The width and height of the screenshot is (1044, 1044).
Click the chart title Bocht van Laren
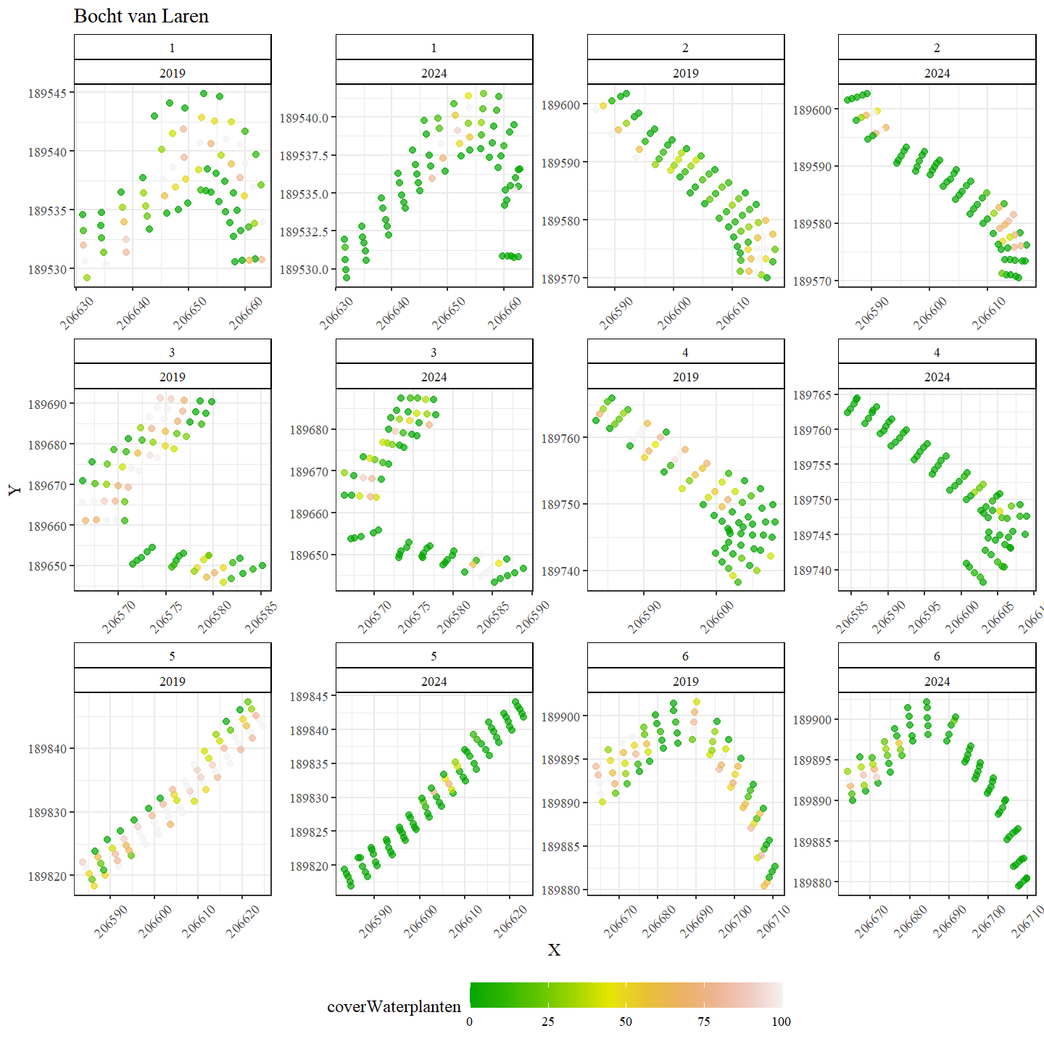(141, 17)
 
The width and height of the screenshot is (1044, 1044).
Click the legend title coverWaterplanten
(394, 1006)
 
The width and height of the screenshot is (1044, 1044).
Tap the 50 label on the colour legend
(625, 1022)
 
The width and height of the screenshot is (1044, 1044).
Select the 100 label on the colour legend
(781, 1022)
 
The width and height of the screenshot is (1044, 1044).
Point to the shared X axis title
(554, 950)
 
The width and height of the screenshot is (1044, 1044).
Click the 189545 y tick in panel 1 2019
(48, 94)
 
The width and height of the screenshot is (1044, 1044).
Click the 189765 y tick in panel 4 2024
(811, 395)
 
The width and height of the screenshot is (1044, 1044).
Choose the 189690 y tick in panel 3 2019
(48, 404)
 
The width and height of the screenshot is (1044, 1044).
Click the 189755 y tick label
(811, 465)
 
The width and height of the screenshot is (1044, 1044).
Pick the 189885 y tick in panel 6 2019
(560, 847)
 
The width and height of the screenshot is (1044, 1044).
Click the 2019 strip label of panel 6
(685, 681)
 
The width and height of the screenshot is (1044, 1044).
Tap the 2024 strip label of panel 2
(937, 72)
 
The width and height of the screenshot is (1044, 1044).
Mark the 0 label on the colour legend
(470, 1022)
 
